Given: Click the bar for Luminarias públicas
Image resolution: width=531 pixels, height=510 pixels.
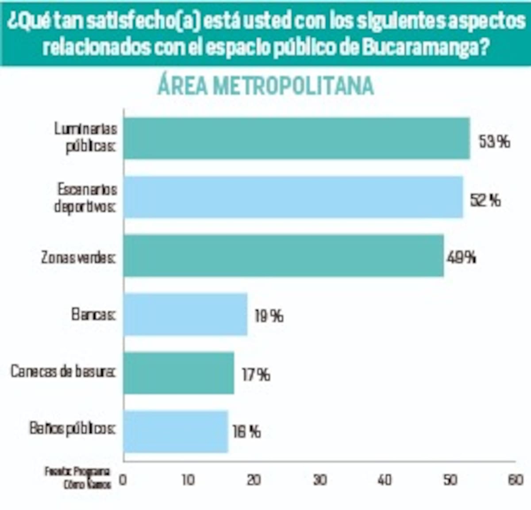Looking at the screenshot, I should [296, 138].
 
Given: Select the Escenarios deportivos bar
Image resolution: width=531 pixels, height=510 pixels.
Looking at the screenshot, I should [293, 197].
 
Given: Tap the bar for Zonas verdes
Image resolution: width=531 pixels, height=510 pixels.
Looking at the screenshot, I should [284, 256].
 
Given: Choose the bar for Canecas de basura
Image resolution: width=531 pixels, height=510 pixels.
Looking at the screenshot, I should [179, 373].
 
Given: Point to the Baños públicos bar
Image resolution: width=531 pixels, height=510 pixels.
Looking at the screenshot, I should [176, 432].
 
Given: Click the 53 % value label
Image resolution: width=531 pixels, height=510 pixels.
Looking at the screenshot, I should [494, 142].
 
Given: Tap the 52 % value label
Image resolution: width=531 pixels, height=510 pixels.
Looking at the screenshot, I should [485, 200].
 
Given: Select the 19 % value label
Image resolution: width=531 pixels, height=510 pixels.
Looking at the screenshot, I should [269, 316].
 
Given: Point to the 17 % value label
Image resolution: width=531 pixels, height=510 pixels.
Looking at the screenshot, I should [256, 375].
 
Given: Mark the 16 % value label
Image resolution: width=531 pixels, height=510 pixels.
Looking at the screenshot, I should [246, 432].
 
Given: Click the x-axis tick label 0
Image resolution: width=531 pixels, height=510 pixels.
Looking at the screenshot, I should [123, 480].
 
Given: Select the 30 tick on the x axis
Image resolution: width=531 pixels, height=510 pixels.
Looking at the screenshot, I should [319, 480].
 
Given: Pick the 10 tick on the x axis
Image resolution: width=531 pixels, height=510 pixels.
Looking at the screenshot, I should [189, 480].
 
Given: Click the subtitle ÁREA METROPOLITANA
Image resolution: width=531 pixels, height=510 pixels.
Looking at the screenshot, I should [265, 86].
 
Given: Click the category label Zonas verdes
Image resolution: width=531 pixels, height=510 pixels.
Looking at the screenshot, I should [78, 257].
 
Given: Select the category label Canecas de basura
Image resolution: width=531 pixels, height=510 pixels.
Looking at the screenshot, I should [63, 372].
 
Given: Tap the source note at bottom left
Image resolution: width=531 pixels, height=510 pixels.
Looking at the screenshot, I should [78, 478].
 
